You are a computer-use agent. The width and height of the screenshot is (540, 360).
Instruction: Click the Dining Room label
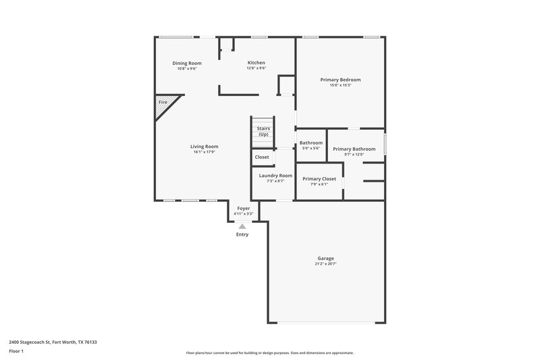[187, 63]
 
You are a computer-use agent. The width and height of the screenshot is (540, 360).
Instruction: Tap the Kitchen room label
[256, 63]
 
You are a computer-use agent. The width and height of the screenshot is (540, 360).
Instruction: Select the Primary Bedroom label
[340, 79]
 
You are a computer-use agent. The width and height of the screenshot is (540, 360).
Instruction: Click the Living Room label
[204, 146]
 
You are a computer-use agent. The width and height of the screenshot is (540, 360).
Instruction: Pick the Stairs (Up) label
[263, 130]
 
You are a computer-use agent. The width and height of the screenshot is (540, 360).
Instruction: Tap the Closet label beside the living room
[262, 157]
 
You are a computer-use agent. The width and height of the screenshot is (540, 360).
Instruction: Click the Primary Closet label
[319, 178]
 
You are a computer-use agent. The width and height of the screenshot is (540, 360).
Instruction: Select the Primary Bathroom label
[354, 149]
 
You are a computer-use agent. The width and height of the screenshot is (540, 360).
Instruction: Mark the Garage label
[326, 258]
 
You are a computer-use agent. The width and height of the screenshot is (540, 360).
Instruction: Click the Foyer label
[243, 209]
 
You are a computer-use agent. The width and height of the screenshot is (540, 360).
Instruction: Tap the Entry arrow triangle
[242, 226]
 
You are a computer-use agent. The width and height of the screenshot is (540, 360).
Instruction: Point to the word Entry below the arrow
[242, 234]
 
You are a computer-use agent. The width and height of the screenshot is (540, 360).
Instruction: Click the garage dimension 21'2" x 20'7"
[326, 264]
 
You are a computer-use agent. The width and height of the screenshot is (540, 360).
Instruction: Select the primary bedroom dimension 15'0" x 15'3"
[340, 85]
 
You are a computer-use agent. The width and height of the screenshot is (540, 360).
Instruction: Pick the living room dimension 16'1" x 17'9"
[204, 152]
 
